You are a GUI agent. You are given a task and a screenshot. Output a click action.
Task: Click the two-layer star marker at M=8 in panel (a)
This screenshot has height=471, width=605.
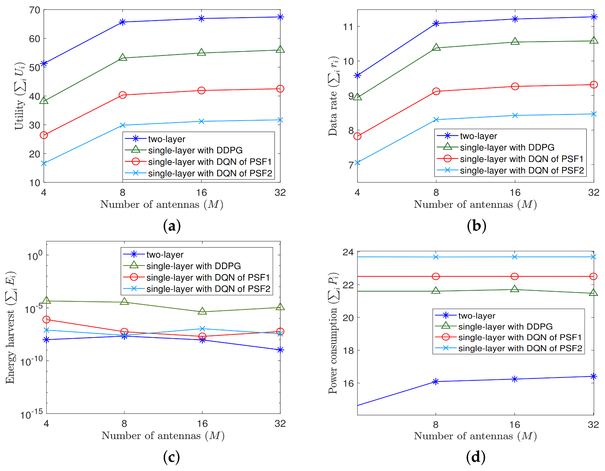pyautogui.click(x=123, y=22)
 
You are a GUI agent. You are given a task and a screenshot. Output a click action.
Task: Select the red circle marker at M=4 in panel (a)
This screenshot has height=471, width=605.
pyautogui.click(x=44, y=135)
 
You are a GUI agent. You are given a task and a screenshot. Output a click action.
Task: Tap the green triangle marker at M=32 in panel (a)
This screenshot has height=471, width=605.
pyautogui.click(x=280, y=49)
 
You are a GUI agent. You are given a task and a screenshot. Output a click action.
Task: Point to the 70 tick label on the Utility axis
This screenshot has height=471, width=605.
pyautogui.click(x=34, y=10)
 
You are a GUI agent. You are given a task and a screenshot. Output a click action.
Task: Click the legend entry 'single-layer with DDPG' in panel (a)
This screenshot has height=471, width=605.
pyautogui.click(x=195, y=150)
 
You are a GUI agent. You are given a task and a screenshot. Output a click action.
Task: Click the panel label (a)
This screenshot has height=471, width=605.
pyautogui.click(x=172, y=226)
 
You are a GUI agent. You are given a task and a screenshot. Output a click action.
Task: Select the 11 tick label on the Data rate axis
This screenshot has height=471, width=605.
pyautogui.click(x=348, y=27)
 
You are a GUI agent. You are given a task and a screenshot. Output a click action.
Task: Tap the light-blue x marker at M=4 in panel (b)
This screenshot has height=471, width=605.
pyautogui.click(x=358, y=163)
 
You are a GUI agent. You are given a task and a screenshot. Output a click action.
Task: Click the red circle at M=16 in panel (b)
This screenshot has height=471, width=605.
pyautogui.click(x=515, y=86)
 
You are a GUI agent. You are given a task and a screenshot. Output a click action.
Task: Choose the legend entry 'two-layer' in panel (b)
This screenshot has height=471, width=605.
pyautogui.click(x=478, y=136)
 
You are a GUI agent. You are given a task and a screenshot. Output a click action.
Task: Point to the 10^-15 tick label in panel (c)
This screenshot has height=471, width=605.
pyautogui.click(x=32, y=414)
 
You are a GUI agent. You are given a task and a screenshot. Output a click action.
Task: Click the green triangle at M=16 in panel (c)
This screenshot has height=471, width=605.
pyautogui.click(x=202, y=311)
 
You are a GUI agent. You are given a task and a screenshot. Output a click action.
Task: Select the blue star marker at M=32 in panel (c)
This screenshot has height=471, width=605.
pyautogui.click(x=280, y=350)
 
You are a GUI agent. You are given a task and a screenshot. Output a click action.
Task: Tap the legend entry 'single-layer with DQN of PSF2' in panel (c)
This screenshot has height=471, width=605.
pyautogui.click(x=208, y=289)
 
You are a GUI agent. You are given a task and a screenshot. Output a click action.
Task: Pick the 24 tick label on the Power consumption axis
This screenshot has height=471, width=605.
pyautogui.click(x=348, y=252)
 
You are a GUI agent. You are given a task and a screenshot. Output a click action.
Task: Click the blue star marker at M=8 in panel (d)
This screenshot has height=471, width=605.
pyautogui.click(x=436, y=382)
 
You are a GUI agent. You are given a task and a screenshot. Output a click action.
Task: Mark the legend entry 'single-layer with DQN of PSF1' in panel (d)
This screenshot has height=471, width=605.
pyautogui.click(x=520, y=338)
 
